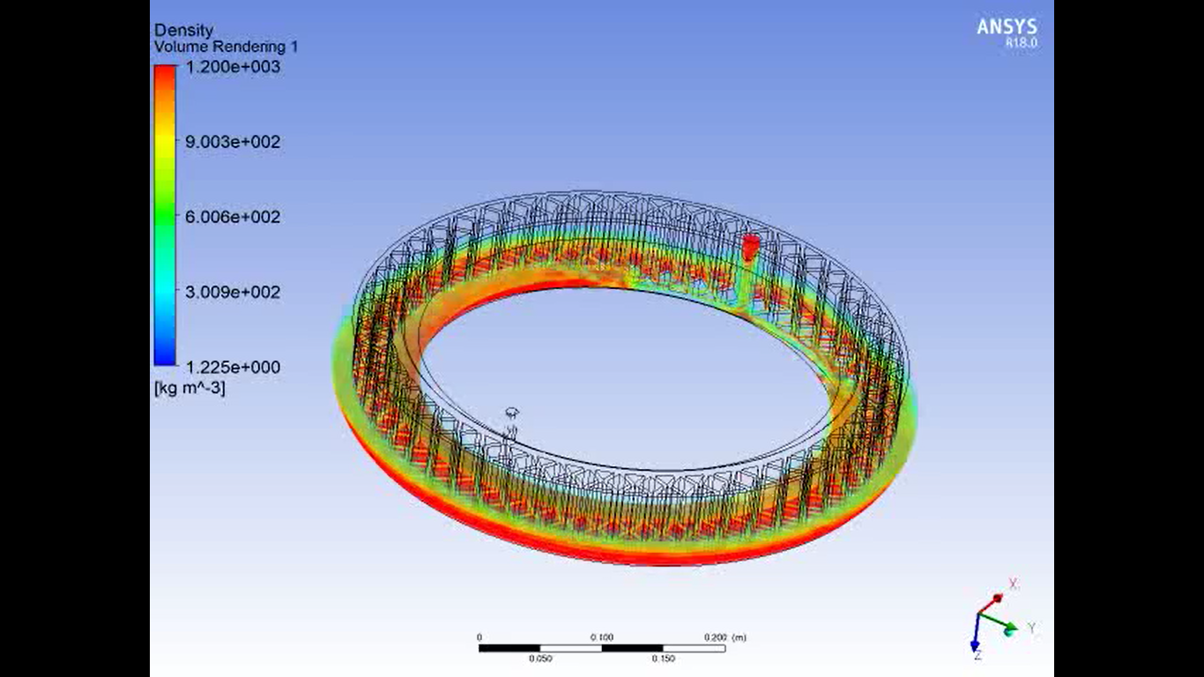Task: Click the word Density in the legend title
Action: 184,31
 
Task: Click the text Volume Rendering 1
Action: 226,47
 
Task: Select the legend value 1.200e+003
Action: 233,67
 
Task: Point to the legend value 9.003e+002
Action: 233,142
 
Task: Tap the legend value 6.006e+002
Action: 233,217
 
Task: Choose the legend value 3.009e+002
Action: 233,292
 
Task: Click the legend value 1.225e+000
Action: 233,368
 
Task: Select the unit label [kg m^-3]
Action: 190,388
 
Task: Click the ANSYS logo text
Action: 1007,27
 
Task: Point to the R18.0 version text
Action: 1022,42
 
